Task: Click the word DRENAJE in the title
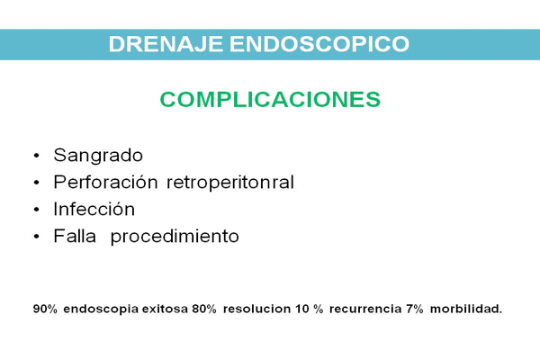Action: click(166, 44)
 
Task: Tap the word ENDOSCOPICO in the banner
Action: click(319, 44)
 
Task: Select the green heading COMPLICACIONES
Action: click(270, 99)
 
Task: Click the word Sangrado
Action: click(98, 156)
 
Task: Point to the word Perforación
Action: click(105, 182)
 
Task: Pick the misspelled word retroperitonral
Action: click(230, 183)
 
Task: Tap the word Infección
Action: click(94, 209)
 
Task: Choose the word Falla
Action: click(75, 236)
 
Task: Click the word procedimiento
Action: click(175, 237)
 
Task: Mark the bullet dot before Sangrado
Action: click(37, 156)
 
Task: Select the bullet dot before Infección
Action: click(37, 210)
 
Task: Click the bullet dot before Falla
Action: click(37, 237)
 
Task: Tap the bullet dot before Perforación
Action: click(37, 183)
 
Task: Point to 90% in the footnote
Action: click(45, 309)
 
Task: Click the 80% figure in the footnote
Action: click(204, 309)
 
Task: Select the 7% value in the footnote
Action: click(414, 309)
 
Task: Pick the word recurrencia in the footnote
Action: click(365, 309)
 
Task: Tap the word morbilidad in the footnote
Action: click(466, 309)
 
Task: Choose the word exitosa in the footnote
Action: click(165, 309)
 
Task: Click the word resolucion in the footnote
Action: click(256, 309)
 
